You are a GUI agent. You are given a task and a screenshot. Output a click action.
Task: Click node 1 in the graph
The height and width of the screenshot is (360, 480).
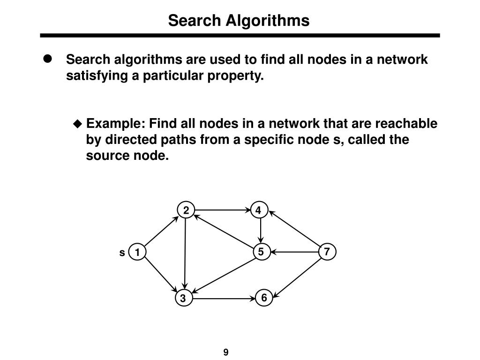click(x=137, y=253)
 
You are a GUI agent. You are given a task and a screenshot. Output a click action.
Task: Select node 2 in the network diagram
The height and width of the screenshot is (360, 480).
click(x=186, y=210)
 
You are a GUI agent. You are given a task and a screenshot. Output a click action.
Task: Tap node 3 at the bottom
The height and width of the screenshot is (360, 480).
click(x=183, y=298)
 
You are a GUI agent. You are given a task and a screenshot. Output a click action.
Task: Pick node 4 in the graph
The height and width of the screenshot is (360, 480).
click(x=258, y=210)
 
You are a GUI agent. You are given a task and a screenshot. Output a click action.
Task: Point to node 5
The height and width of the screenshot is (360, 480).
click(x=261, y=252)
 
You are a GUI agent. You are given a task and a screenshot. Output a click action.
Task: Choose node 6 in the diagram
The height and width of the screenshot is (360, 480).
click(x=264, y=298)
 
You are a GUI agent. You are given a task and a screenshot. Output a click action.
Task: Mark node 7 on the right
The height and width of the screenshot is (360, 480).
click(x=327, y=252)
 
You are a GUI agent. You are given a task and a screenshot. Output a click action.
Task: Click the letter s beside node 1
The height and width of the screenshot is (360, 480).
click(x=122, y=253)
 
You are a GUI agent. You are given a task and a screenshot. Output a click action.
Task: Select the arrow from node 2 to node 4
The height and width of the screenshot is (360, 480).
click(x=222, y=210)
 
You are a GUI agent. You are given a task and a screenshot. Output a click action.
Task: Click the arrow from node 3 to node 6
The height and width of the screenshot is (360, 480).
click(x=224, y=298)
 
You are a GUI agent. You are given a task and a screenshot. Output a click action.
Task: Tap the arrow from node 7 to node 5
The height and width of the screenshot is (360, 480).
click(x=294, y=252)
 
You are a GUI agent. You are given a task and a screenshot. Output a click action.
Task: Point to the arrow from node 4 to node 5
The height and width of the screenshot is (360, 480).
click(x=260, y=231)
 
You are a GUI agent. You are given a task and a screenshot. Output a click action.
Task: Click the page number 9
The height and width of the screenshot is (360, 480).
click(x=226, y=352)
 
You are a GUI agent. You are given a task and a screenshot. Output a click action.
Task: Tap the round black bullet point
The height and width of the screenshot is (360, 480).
click(x=47, y=59)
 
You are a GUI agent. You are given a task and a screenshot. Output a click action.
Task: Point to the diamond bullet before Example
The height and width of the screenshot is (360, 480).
click(x=78, y=124)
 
